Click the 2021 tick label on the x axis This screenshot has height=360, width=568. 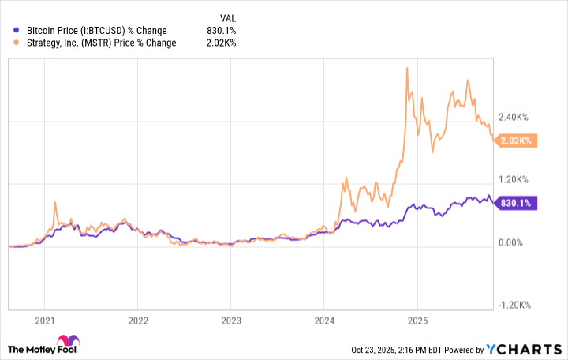click(45, 321)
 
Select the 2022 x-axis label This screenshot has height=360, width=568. click(138, 321)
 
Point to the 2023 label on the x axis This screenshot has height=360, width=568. click(231, 321)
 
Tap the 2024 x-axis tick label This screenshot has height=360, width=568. click(324, 321)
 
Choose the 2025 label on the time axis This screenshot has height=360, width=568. click(417, 321)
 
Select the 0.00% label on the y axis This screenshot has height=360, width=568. click(516, 242)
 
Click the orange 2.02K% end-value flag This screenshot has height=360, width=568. click(517, 141)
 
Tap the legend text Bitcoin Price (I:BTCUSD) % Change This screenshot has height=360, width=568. click(95, 31)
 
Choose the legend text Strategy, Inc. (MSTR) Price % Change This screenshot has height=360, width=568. click(101, 43)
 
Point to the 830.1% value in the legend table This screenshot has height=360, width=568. click(220, 31)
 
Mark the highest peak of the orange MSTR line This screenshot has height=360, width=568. click(406, 68)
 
